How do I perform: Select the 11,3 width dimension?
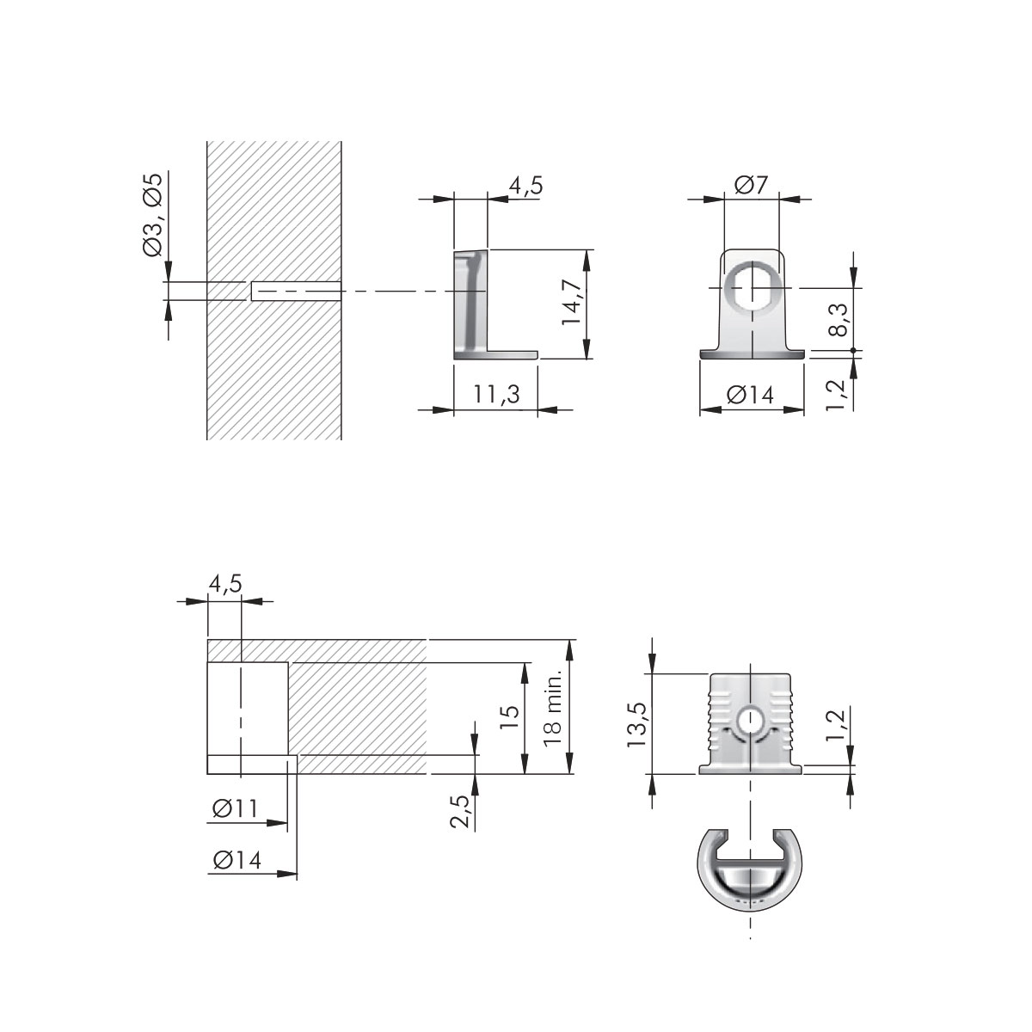[496, 394]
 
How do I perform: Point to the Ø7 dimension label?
[751, 185]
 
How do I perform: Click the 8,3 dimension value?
[838, 319]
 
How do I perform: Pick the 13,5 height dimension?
[637, 725]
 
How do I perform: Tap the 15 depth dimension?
[509, 718]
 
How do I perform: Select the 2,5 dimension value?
[460, 812]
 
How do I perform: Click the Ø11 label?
[235, 808]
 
